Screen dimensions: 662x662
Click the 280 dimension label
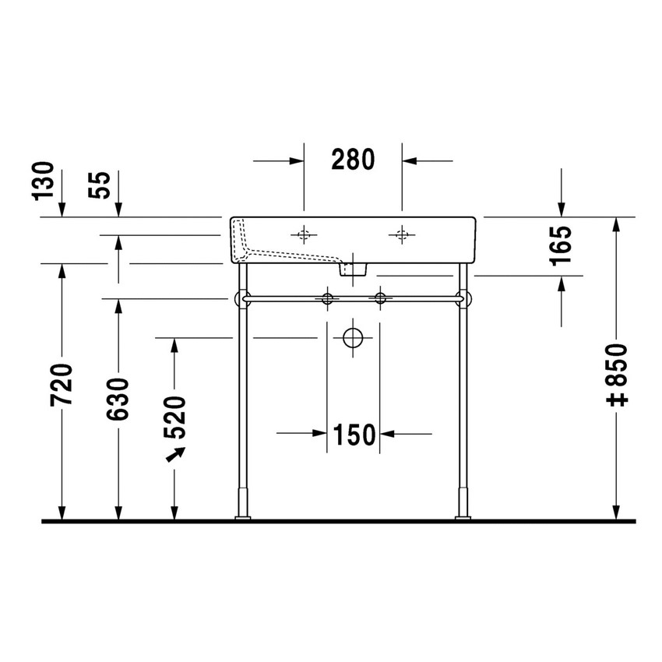[353, 160]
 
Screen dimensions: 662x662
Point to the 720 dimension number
[62, 384]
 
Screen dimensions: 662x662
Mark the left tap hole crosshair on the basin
[303, 233]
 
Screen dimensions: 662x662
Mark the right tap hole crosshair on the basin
[402, 233]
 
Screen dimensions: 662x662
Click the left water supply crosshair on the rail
[327, 298]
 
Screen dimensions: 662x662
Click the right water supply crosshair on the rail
[380, 298]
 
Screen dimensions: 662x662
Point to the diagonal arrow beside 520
[176, 453]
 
